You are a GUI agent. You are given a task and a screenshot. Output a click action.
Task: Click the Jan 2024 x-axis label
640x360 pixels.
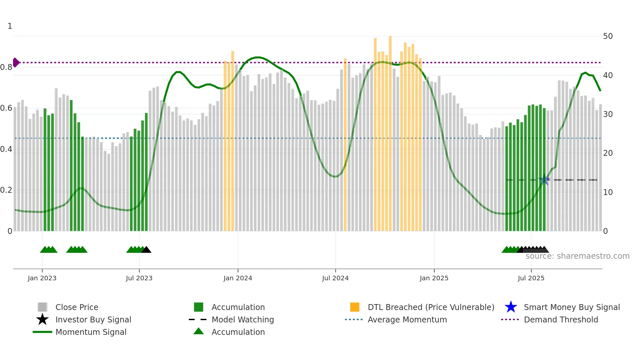click(x=238, y=278)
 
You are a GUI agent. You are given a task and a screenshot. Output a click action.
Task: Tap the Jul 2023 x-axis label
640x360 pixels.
click(x=139, y=278)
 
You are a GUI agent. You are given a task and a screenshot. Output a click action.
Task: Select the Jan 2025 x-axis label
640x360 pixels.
click(x=434, y=278)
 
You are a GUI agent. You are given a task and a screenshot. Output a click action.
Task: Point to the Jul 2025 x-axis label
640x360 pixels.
click(x=531, y=278)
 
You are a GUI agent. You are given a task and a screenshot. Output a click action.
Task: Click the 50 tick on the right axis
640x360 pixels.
click(x=608, y=36)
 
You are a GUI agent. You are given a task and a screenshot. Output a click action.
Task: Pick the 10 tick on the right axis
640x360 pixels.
click(x=608, y=192)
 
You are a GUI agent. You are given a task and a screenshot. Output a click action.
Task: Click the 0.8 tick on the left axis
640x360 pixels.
click(x=6, y=67)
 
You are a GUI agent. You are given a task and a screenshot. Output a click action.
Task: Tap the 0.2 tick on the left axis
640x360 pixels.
click(x=6, y=190)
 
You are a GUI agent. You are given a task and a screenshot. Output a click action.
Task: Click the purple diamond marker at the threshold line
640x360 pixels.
click(x=16, y=62)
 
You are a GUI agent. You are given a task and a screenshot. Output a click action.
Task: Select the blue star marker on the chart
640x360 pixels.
click(x=544, y=180)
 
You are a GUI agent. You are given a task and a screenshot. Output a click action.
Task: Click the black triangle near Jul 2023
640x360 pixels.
click(x=146, y=250)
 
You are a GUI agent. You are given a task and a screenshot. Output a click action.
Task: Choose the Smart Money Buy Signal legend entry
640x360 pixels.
click(x=571, y=307)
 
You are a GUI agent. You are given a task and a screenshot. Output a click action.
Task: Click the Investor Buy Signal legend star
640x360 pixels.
click(x=42, y=319)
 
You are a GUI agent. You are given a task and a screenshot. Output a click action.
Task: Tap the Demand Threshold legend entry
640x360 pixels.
click(x=561, y=319)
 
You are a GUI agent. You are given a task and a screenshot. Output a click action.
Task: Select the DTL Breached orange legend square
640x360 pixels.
click(x=355, y=307)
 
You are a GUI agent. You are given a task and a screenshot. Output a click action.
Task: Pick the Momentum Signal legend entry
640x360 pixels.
click(x=91, y=332)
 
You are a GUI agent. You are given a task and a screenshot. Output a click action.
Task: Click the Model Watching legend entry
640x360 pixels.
click(x=242, y=319)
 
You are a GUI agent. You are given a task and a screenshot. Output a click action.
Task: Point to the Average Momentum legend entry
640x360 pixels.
click(x=407, y=319)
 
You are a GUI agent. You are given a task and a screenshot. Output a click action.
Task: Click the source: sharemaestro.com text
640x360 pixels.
click(x=577, y=256)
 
